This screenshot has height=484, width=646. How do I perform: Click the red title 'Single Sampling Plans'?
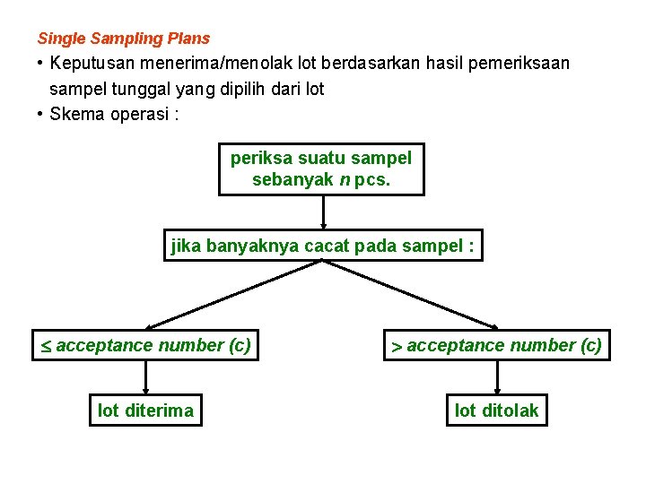click(124, 39)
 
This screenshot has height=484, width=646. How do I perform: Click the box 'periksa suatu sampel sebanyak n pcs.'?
click(321, 169)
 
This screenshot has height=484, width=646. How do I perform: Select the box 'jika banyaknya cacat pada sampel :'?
click(323, 246)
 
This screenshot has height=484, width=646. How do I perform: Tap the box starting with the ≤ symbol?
click(144, 345)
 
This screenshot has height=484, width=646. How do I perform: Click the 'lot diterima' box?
click(145, 411)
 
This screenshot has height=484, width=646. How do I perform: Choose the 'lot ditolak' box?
click(497, 411)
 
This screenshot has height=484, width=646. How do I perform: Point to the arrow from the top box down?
click(323, 214)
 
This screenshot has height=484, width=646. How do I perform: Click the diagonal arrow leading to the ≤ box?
click(233, 294)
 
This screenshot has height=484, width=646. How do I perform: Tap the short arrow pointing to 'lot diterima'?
click(145, 377)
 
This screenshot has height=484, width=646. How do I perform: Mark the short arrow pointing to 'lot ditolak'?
click(497, 377)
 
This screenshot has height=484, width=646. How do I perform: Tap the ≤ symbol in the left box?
click(45, 346)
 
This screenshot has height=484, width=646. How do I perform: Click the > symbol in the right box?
click(396, 346)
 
